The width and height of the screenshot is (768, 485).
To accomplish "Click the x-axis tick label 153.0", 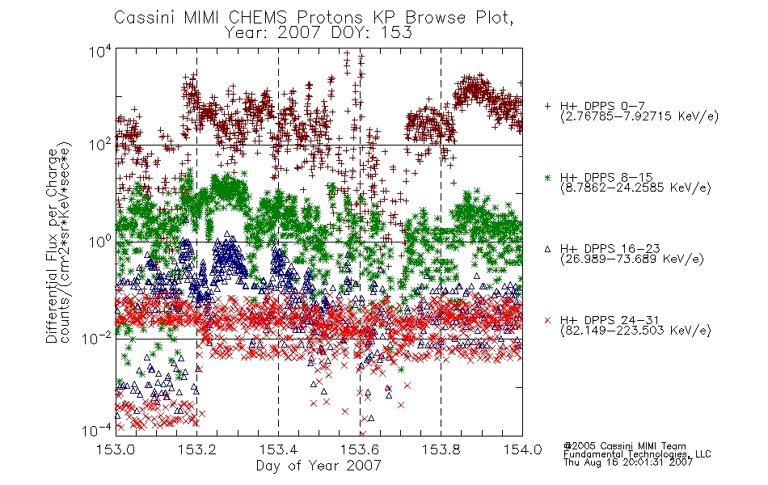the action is click(x=116, y=449).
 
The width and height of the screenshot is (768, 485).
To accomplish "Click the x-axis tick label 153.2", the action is click(x=197, y=449).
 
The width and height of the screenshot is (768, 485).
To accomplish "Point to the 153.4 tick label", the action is click(x=278, y=449).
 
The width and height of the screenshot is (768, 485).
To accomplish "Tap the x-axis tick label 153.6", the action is click(x=360, y=449).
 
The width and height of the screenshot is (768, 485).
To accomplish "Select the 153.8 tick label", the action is click(x=441, y=449).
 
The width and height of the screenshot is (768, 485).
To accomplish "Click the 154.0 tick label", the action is click(x=522, y=449).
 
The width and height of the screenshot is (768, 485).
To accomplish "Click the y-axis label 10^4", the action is click(x=99, y=51).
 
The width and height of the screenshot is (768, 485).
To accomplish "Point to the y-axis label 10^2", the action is click(x=99, y=145).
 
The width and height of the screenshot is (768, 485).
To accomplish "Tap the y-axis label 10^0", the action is click(x=99, y=242).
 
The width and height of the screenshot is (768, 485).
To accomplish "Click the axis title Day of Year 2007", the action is click(x=319, y=466).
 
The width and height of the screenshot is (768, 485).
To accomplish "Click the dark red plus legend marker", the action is click(x=547, y=106).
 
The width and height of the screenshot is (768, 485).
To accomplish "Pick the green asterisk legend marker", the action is click(x=547, y=177).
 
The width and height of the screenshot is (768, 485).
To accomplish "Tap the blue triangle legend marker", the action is click(x=547, y=249).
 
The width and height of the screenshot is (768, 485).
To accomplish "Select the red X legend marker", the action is click(x=547, y=320).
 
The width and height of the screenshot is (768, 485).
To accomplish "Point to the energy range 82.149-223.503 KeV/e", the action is click(x=635, y=331).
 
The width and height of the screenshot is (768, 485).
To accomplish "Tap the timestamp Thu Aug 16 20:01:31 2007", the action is click(x=628, y=462).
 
